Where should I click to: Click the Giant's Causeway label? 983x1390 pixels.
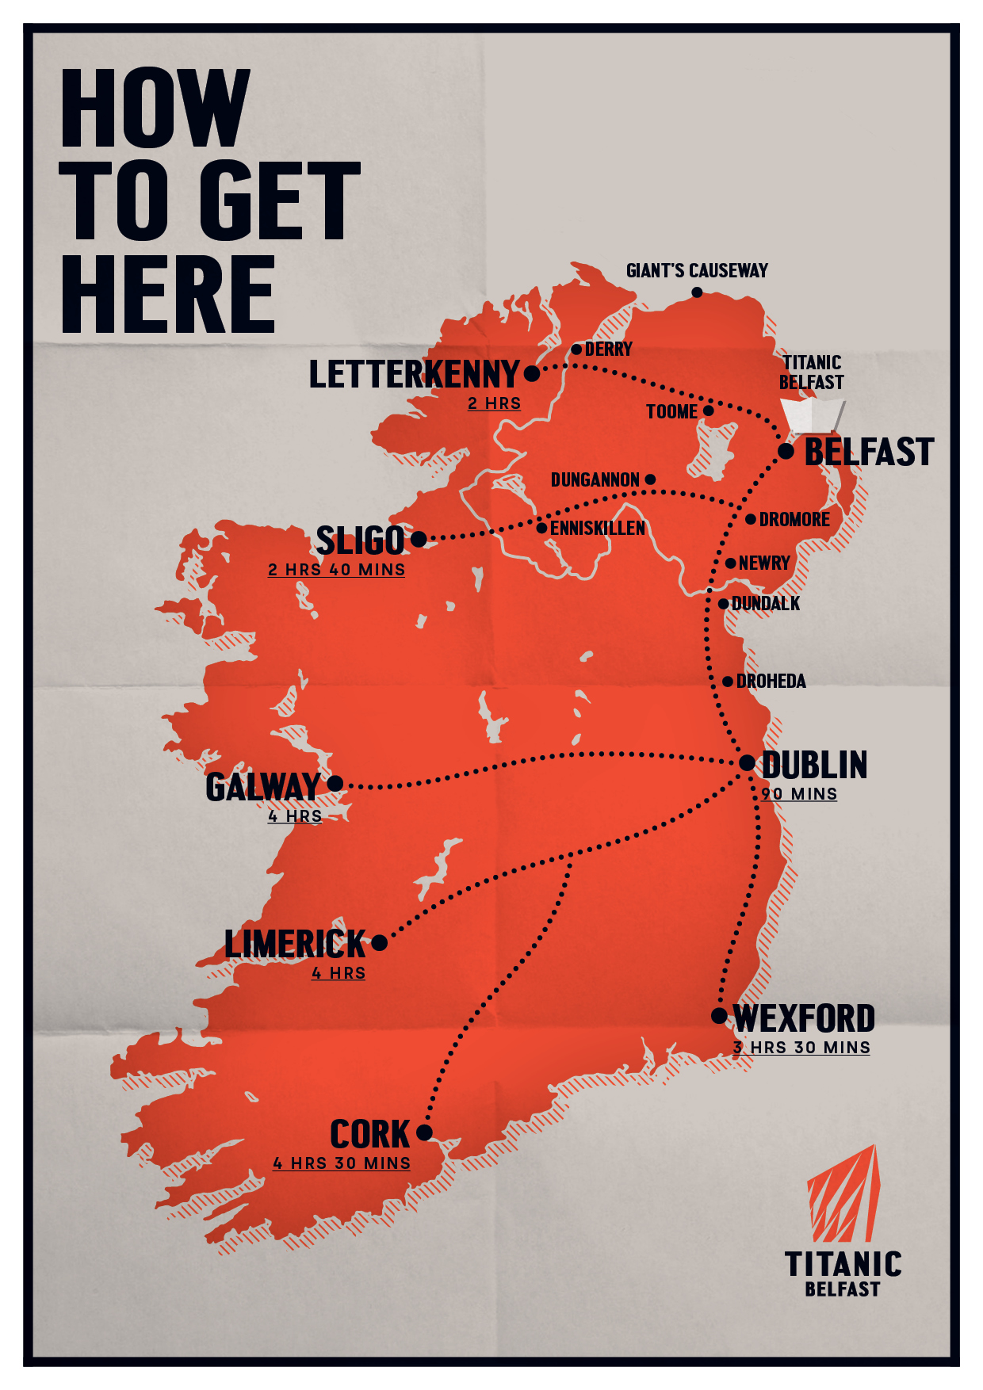[697, 271]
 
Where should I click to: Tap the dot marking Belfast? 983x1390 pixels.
[786, 451]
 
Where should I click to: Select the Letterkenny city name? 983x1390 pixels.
[414, 375]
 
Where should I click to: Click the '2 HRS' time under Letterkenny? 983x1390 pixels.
[494, 403]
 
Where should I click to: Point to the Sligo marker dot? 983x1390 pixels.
[419, 540]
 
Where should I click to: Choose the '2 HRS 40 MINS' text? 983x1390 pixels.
[336, 570]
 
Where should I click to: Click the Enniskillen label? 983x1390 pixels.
[598, 529]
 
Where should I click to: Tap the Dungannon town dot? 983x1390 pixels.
[650, 479]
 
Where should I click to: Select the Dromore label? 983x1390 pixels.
[794, 520]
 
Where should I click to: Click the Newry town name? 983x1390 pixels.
[764, 563]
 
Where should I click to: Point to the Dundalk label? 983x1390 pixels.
[766, 604]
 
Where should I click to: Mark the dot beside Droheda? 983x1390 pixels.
[728, 682]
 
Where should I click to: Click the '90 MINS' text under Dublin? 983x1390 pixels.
[799, 794]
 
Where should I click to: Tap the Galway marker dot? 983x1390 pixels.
[335, 784]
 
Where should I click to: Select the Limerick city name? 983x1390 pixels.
[295, 945]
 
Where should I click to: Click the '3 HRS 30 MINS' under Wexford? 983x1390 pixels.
[801, 1048]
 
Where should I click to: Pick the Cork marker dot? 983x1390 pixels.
[424, 1132]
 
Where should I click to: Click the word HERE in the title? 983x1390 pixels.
[168, 295]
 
